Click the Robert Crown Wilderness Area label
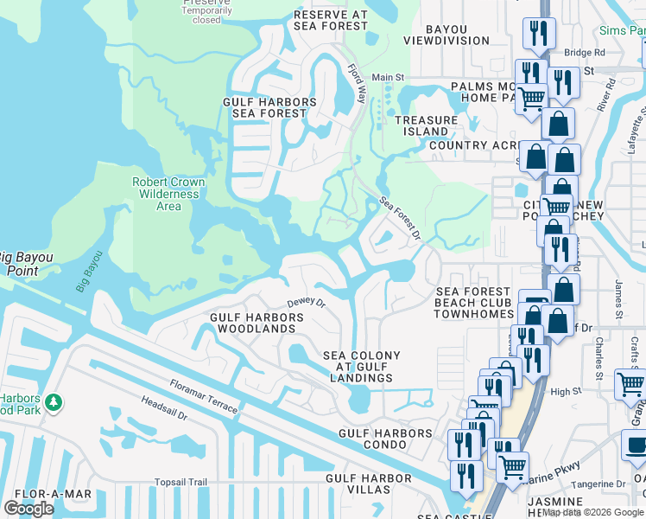(x=168, y=195)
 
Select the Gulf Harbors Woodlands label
(x=257, y=324)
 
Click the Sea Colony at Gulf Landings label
(x=361, y=367)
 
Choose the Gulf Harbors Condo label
(x=385, y=439)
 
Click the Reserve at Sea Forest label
(x=331, y=21)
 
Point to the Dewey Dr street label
(x=306, y=303)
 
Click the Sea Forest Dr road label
(x=399, y=218)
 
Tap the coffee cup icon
(x=636, y=446)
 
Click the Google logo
(x=28, y=509)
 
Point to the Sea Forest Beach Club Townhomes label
(x=475, y=304)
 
